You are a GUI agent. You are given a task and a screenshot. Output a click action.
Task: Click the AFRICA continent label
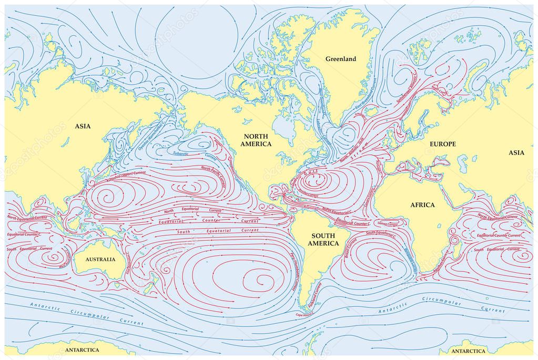(x=422, y=204)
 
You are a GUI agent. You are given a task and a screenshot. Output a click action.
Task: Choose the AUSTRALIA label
(x=100, y=259)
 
